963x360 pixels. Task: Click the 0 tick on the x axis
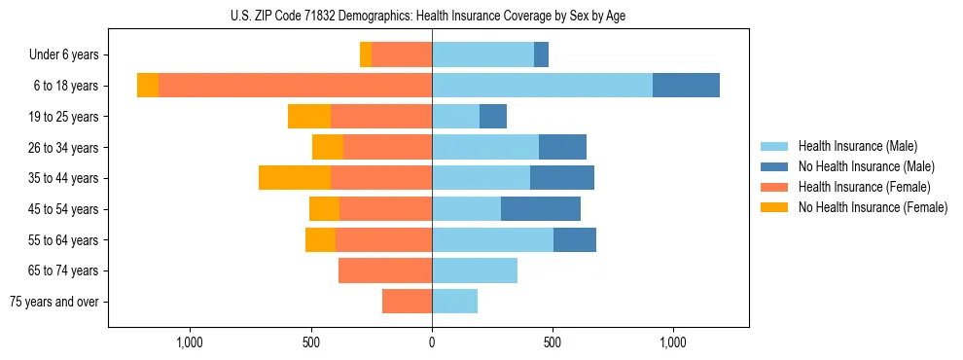(432, 342)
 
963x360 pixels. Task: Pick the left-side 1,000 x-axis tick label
(190, 342)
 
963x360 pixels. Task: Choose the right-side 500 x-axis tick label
(553, 342)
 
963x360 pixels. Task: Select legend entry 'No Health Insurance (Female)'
(873, 207)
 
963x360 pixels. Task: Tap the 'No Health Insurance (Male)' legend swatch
(775, 166)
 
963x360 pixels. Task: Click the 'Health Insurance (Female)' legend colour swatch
(775, 187)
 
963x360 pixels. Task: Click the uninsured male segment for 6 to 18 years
(686, 86)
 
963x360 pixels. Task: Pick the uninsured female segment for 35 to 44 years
(295, 178)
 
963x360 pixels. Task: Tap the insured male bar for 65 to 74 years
(475, 270)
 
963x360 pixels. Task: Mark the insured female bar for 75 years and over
(407, 302)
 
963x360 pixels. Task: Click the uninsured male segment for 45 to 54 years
(541, 209)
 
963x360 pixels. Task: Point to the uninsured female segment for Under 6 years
(366, 54)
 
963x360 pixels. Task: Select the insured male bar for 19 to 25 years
(455, 117)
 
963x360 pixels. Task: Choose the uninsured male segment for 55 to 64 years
(575, 240)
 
